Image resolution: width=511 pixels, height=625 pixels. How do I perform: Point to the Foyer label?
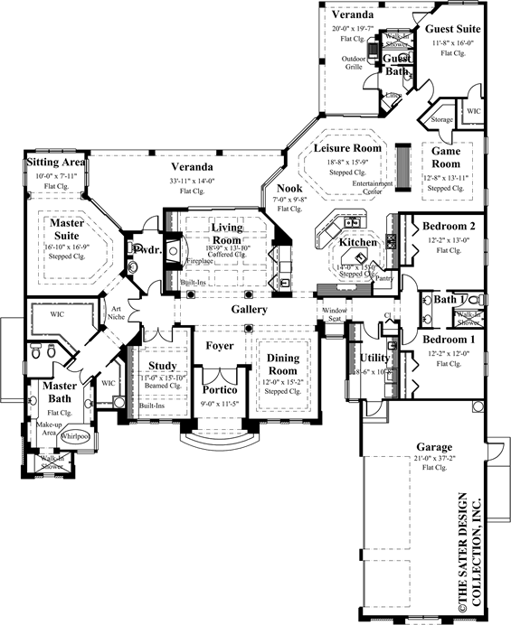tap(219, 344)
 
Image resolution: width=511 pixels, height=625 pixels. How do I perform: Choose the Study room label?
tap(163, 365)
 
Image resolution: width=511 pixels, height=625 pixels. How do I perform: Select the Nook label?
tap(289, 188)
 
